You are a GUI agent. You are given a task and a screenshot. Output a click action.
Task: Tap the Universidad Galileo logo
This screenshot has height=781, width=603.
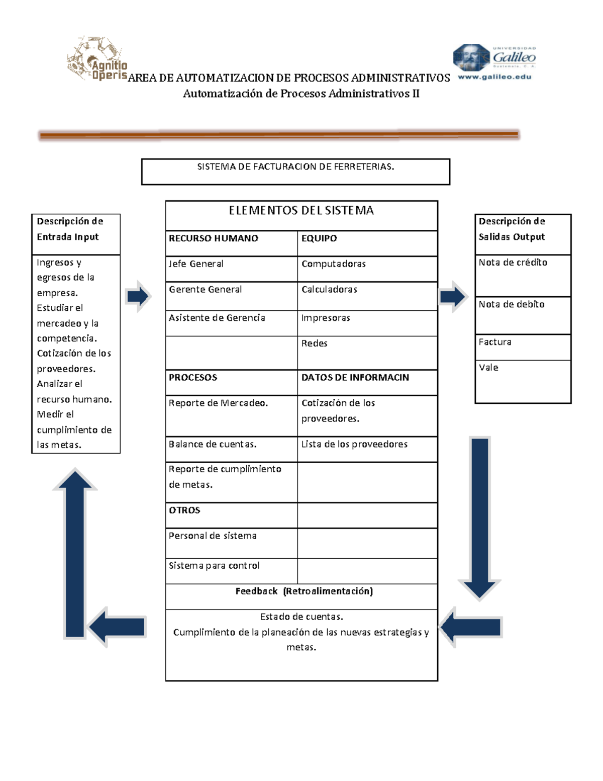pyautogui.click(x=494, y=56)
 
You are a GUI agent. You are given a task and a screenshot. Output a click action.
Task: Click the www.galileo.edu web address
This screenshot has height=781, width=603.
pyautogui.click(x=494, y=77)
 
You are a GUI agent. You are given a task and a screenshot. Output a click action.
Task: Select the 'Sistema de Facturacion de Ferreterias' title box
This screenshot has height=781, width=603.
pyautogui.click(x=295, y=171)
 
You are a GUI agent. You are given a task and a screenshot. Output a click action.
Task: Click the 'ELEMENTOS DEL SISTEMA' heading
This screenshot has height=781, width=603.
pyautogui.click(x=301, y=211)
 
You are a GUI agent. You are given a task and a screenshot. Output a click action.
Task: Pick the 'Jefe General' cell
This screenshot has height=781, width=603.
pyautogui.click(x=231, y=269)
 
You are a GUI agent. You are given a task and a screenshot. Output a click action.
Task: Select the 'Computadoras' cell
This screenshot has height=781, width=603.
pyautogui.click(x=367, y=269)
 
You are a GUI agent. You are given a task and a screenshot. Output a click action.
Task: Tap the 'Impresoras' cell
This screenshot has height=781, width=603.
pyautogui.click(x=367, y=323)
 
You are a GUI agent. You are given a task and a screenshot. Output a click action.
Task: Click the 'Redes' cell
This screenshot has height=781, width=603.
pyautogui.click(x=367, y=352)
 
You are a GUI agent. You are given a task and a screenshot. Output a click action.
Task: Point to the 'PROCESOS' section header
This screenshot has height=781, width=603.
pyautogui.click(x=231, y=382)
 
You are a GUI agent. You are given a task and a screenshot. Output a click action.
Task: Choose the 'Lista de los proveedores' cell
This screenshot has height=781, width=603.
pyautogui.click(x=367, y=449)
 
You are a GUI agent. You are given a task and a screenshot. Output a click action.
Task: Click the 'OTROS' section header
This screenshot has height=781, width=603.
pyautogui.click(x=231, y=515)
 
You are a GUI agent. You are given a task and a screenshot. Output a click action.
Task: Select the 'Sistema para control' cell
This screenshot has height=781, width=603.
pyautogui.click(x=231, y=571)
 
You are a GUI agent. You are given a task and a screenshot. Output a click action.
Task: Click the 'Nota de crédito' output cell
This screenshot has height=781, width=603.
pyautogui.click(x=523, y=275)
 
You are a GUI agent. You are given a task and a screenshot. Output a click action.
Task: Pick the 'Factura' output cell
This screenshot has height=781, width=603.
pyautogui.click(x=523, y=347)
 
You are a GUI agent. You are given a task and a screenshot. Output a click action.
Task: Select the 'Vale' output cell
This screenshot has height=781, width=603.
pyautogui.click(x=523, y=381)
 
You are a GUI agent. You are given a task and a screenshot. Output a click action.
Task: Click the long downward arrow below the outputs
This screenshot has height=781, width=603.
pyautogui.click(x=479, y=518)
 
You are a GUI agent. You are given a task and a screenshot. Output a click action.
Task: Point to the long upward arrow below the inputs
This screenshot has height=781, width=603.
pyautogui.click(x=75, y=553)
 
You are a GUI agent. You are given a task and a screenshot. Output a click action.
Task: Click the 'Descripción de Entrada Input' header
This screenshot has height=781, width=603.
pyautogui.click(x=75, y=234)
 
